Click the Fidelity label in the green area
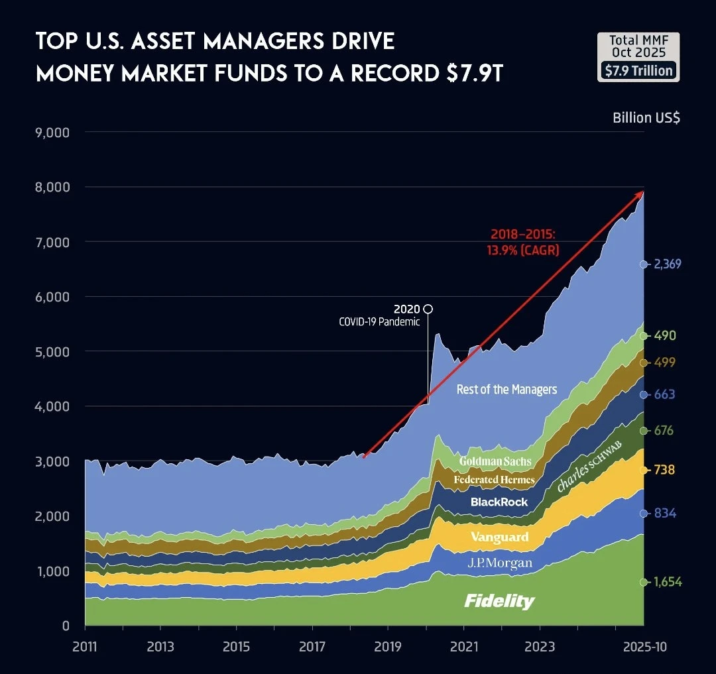[x=499, y=601]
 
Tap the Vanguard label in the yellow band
[x=499, y=537]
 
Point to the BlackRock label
[x=499, y=502]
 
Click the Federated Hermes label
[x=494, y=479]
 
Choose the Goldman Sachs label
[x=495, y=461]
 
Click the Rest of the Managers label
[x=507, y=389]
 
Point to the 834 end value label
[x=665, y=513]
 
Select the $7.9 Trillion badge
[x=638, y=70]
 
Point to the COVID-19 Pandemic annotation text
[x=379, y=322]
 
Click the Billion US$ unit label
[x=646, y=118]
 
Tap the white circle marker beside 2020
[x=428, y=309]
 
